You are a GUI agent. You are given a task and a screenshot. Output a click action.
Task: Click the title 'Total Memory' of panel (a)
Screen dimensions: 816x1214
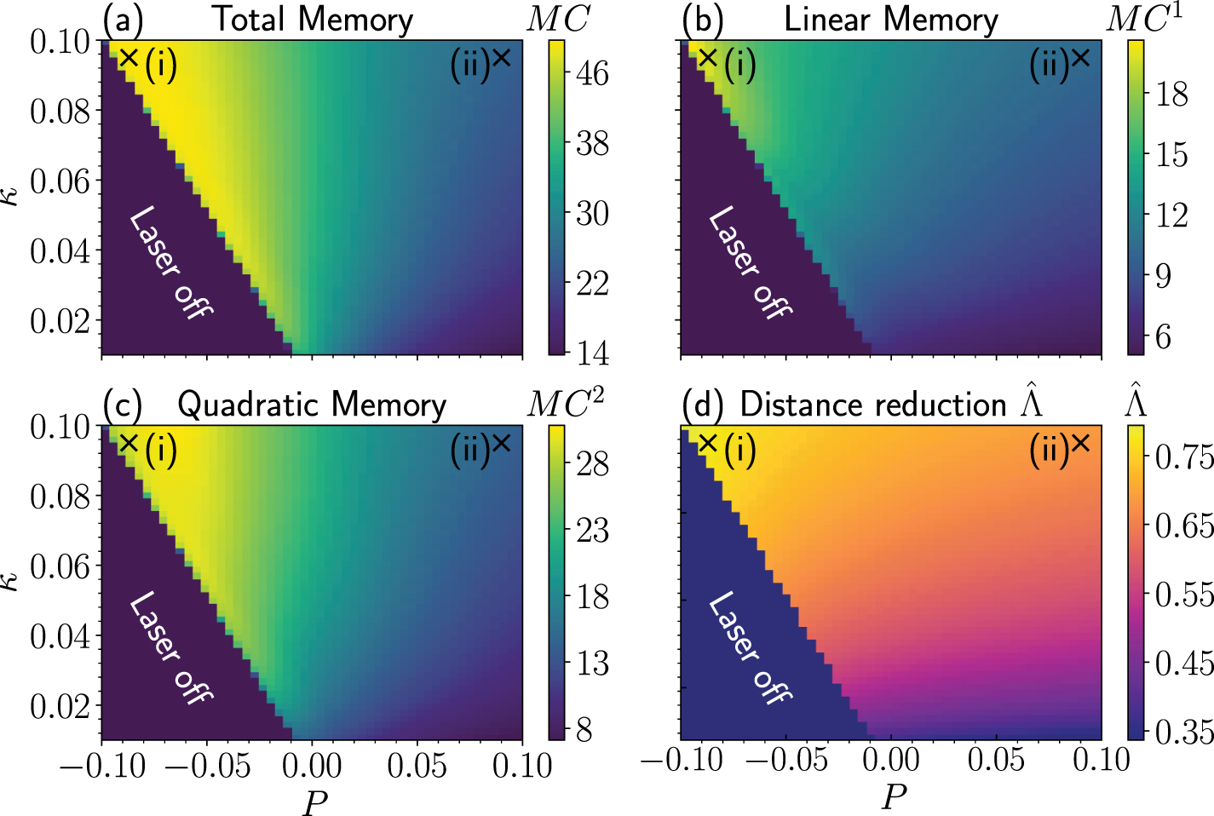[x=312, y=19]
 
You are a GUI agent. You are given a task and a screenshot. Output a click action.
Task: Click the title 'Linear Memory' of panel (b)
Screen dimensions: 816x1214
[x=891, y=19]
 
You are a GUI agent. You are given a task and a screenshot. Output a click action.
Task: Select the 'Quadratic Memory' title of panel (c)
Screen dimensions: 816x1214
[x=312, y=405]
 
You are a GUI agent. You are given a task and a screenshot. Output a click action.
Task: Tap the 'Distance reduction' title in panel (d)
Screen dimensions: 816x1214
[x=873, y=405]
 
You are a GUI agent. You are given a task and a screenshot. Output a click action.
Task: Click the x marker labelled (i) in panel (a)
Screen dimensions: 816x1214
[x=129, y=58]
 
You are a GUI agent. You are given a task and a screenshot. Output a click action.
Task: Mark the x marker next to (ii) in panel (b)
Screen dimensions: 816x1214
[x=1080, y=58]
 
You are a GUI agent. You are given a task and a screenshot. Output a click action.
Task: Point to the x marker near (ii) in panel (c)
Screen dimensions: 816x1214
[x=501, y=443]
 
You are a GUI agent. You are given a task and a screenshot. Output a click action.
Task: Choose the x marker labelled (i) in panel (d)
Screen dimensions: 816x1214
[x=708, y=443]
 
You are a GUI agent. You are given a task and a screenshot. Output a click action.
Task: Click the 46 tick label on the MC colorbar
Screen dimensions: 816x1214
[x=592, y=73]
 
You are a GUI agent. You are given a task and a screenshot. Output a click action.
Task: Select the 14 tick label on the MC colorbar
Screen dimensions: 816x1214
[x=592, y=353]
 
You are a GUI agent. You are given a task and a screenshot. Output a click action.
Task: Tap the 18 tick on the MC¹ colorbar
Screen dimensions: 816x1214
[x=1171, y=95]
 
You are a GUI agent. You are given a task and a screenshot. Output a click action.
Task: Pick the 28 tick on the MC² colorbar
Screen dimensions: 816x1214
[x=592, y=464]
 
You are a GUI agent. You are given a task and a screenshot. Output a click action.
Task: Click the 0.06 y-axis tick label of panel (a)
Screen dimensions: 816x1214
[x=60, y=181]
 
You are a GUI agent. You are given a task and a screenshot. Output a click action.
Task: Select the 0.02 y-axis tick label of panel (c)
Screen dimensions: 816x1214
[x=60, y=706]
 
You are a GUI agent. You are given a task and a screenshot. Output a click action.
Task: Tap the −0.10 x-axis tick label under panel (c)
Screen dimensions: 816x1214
[x=103, y=766]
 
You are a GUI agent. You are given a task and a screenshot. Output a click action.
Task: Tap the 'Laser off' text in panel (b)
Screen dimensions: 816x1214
[x=751, y=262]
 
